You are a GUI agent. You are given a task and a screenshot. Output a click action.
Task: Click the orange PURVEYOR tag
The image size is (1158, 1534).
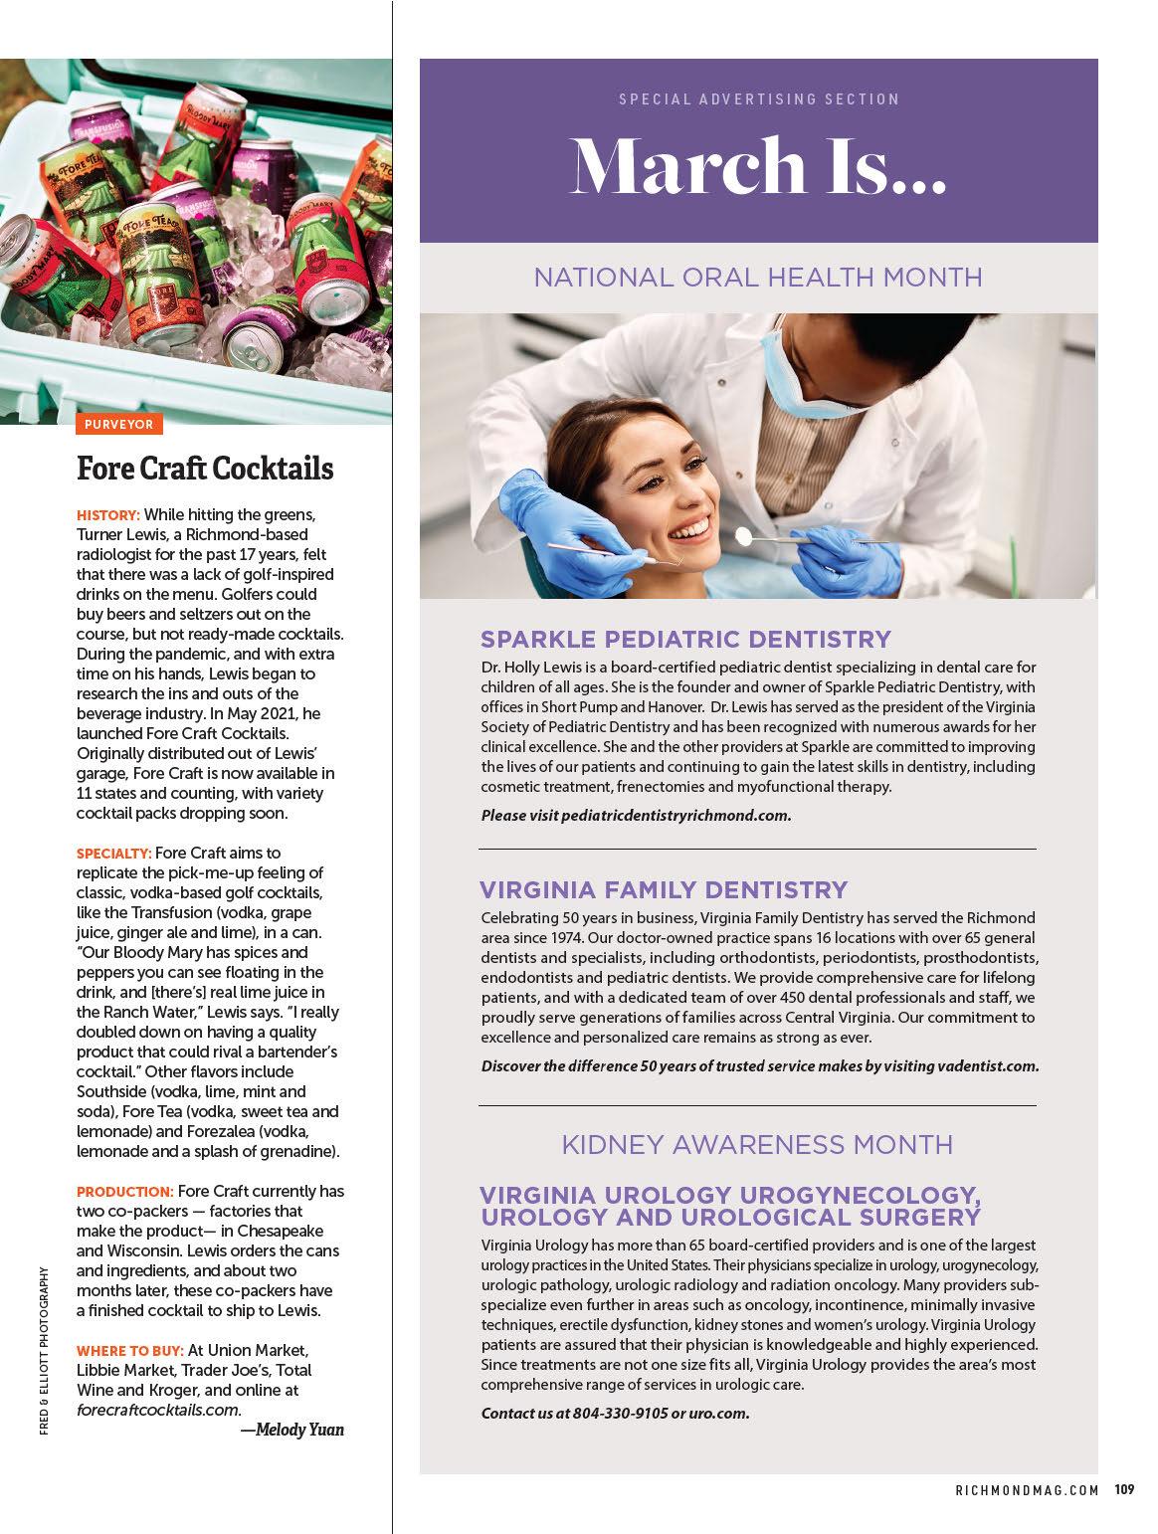(118, 425)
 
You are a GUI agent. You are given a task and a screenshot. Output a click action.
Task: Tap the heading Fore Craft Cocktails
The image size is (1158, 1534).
(205, 468)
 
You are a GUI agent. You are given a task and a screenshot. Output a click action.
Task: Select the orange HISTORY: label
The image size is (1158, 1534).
(108, 515)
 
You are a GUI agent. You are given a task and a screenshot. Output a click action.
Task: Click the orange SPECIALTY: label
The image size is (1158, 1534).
(114, 854)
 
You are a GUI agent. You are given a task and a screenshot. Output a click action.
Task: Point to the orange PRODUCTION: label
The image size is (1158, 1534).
(125, 1192)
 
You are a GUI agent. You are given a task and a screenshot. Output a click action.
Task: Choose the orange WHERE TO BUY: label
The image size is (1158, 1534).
(130, 1351)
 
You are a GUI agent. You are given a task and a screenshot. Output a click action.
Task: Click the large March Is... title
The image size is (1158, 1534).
(758, 166)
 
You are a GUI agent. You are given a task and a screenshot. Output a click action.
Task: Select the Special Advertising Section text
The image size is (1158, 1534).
(758, 99)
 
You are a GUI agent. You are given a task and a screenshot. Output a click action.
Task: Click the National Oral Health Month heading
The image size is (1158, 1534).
(758, 277)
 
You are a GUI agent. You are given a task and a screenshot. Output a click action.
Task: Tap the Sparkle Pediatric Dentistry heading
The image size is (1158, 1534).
(685, 639)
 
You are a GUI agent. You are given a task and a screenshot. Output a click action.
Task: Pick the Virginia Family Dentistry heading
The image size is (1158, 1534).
(664, 889)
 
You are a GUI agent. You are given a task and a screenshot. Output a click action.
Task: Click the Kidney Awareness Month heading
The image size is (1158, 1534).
(758, 1145)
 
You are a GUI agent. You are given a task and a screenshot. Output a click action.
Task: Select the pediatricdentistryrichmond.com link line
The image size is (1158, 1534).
(636, 816)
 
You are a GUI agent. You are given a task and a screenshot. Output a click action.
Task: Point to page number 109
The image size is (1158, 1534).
(1124, 1490)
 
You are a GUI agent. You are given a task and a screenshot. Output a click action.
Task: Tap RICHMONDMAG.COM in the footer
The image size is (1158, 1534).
(1027, 1490)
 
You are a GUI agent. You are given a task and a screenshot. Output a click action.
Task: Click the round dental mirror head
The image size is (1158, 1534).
(742, 535)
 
